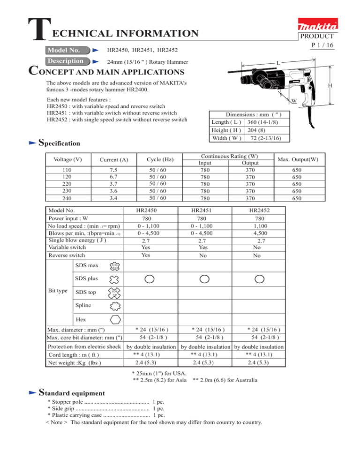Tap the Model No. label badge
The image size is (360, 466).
click(66, 50)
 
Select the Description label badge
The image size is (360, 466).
click(66, 61)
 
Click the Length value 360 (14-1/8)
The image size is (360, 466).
click(265, 121)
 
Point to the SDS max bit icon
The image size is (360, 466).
click(114, 266)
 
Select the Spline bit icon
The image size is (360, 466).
click(114, 307)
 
